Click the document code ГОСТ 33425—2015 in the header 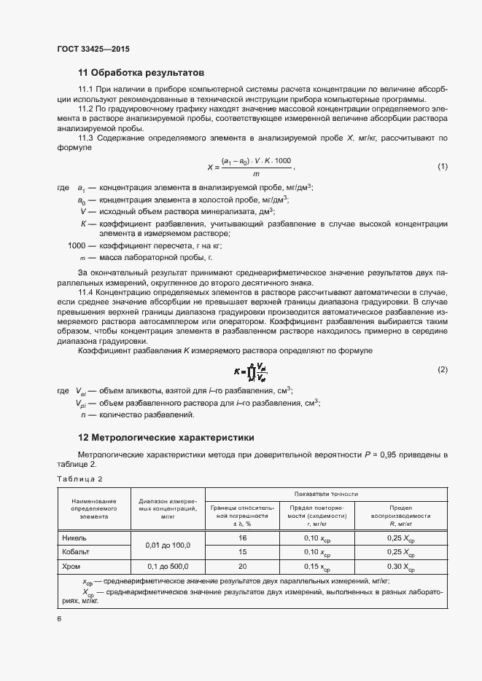93,50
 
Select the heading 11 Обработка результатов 141,73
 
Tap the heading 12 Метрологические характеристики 166,438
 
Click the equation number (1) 442,167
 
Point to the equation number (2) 442,370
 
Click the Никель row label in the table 75,538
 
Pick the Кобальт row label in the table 77,552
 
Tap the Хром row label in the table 73,566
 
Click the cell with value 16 243,538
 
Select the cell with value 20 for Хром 243,566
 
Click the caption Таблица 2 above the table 79,479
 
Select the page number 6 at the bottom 59,618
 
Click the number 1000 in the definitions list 77,246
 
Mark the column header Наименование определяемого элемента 94,508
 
